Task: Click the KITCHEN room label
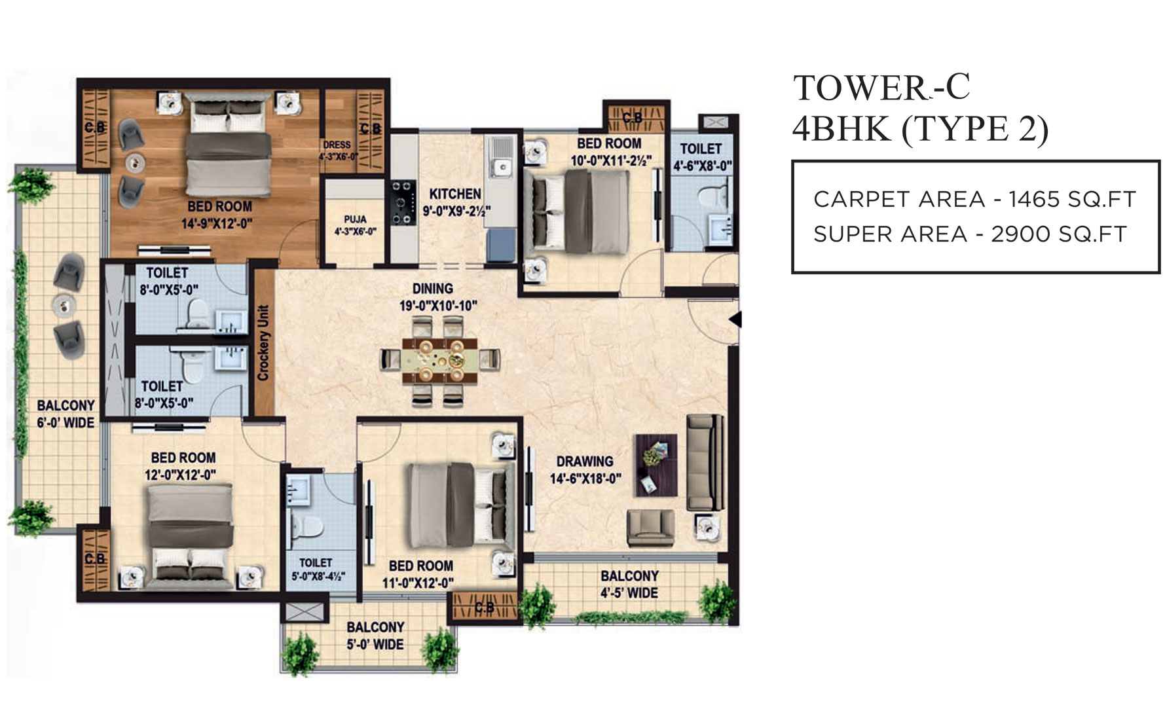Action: tap(455, 194)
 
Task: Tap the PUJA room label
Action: tap(355, 219)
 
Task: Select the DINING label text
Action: tap(433, 288)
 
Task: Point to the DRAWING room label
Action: tap(585, 461)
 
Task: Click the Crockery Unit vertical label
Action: tap(263, 343)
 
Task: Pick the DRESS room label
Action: tap(337, 145)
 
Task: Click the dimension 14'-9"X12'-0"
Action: tap(217, 224)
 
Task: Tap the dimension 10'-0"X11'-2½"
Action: tap(610, 160)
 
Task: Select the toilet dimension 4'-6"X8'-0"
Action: tap(703, 166)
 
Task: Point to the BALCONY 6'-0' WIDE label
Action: tap(65, 414)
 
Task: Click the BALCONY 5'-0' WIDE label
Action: tap(375, 636)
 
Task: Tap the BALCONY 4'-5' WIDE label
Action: tap(629, 585)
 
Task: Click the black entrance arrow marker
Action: tap(736, 319)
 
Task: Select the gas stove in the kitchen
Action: tap(403, 203)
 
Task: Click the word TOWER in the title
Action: tap(860, 88)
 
